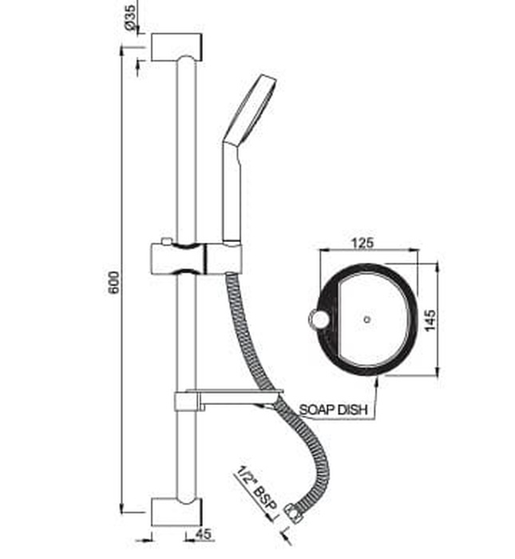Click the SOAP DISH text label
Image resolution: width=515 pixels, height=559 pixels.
pos(333,410)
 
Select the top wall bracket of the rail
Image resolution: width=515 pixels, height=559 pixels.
pos(176,47)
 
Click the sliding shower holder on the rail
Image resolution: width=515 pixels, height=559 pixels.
pos(195,258)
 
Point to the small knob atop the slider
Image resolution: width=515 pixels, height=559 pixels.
pos(164,240)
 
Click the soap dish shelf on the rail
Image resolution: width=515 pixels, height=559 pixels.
pos(228,397)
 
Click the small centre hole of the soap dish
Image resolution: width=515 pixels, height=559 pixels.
pos(366,319)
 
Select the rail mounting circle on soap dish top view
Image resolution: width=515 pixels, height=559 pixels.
pos(319,321)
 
